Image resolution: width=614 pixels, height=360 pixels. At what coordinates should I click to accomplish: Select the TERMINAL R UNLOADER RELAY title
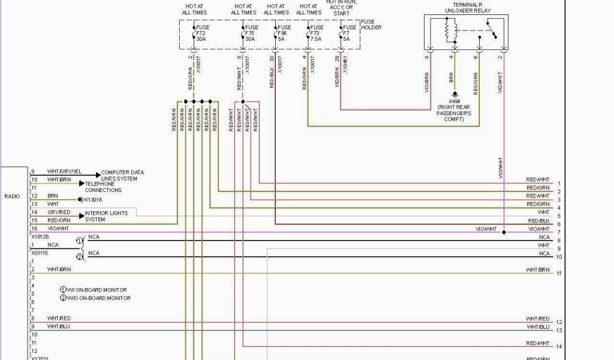[x=468, y=8]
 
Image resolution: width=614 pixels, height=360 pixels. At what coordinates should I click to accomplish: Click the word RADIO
[x=12, y=196]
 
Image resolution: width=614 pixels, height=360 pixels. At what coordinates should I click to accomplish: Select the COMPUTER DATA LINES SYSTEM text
[x=122, y=175]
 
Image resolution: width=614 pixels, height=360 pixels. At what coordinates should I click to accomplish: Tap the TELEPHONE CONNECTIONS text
[x=103, y=187]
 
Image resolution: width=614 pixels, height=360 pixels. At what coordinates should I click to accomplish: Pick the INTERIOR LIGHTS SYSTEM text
[x=107, y=216]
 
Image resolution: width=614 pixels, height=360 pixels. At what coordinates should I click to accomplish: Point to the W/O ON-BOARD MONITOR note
[x=97, y=298]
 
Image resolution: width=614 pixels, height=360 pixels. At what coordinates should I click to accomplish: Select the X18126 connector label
[x=40, y=236]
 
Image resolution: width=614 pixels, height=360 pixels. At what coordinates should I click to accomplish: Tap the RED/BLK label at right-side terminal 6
[x=538, y=221]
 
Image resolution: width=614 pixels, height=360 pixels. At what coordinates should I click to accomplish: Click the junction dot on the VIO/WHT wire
[x=504, y=232]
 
